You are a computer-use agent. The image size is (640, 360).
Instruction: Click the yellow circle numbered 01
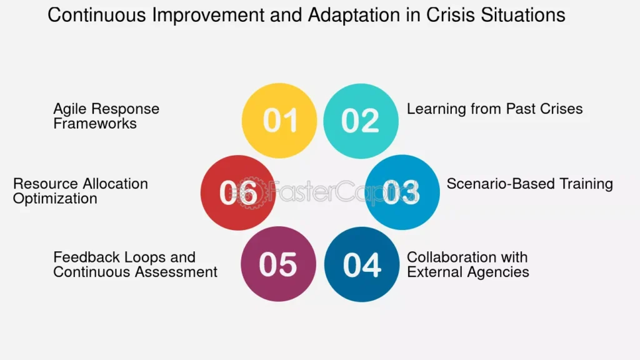click(x=279, y=121)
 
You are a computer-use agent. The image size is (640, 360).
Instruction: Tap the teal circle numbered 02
click(x=361, y=121)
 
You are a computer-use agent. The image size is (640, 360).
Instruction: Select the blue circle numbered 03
click(x=402, y=192)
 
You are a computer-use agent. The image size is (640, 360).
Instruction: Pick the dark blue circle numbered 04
click(x=362, y=264)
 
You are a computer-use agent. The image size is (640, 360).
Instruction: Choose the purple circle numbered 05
click(x=278, y=264)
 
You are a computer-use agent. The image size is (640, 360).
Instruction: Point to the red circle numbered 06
click(x=238, y=192)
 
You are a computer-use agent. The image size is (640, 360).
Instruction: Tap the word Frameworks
click(x=95, y=123)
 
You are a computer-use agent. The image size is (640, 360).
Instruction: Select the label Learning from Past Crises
click(x=495, y=109)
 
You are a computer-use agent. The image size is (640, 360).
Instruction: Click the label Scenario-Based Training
click(x=530, y=184)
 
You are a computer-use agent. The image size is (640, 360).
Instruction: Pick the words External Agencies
click(x=468, y=272)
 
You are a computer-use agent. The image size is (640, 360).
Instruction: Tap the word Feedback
click(x=86, y=257)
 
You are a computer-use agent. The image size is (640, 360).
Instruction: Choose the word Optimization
click(x=55, y=199)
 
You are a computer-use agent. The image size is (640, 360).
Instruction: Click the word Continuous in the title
click(x=97, y=15)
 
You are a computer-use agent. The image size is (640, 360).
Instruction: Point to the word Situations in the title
click(x=523, y=15)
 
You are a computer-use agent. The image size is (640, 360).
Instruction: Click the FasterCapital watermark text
click(x=324, y=192)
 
